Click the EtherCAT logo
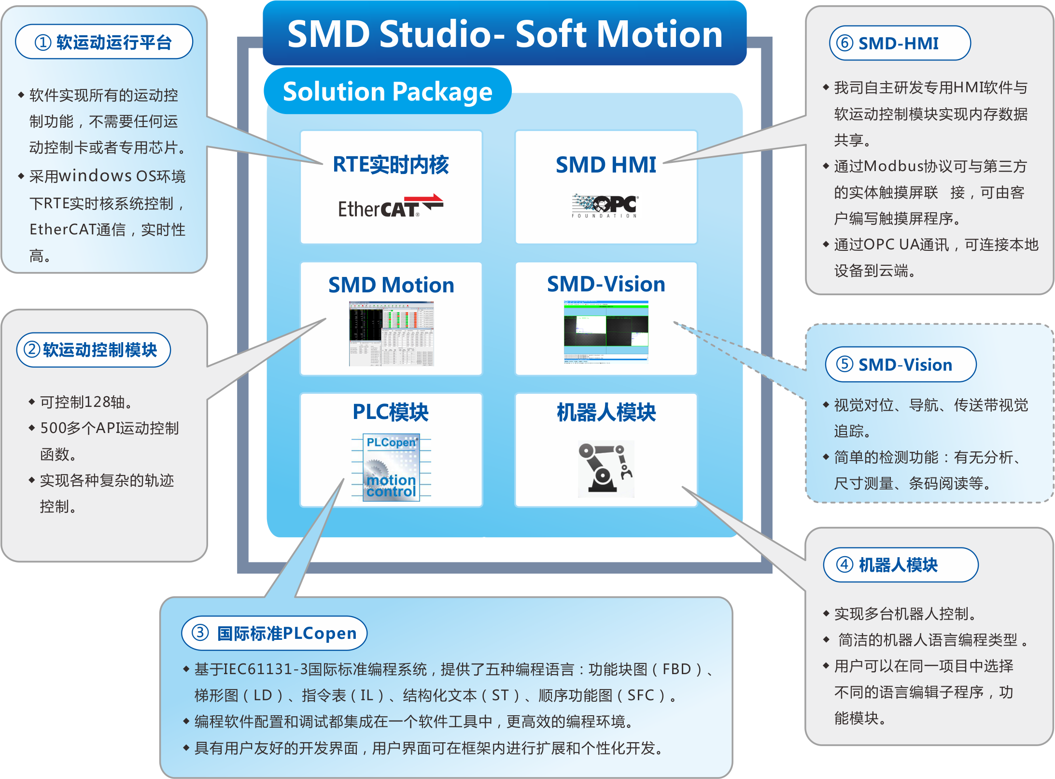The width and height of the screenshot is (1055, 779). click(x=390, y=206)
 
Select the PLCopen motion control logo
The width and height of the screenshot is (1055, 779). click(x=391, y=467)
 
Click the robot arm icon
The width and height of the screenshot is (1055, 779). click(x=605, y=468)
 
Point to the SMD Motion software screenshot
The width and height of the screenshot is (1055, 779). click(x=391, y=333)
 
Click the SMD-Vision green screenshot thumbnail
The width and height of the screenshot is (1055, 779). click(x=605, y=331)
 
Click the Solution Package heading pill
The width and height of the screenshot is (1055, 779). click(x=387, y=91)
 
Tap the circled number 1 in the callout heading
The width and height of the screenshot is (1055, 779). click(x=42, y=43)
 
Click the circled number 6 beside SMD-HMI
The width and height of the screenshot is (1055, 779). click(x=844, y=43)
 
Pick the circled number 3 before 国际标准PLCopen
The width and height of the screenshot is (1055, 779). click(x=200, y=633)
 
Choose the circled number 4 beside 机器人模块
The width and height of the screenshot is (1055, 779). click(x=844, y=564)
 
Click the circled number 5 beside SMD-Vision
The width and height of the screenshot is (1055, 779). click(x=844, y=364)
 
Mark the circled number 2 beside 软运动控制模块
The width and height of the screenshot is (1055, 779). click(x=32, y=349)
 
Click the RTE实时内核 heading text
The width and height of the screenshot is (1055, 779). click(x=391, y=165)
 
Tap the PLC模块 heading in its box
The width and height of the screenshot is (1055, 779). click(x=391, y=412)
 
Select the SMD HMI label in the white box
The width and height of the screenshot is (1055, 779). click(x=605, y=165)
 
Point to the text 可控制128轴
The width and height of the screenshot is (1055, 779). click(x=86, y=402)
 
